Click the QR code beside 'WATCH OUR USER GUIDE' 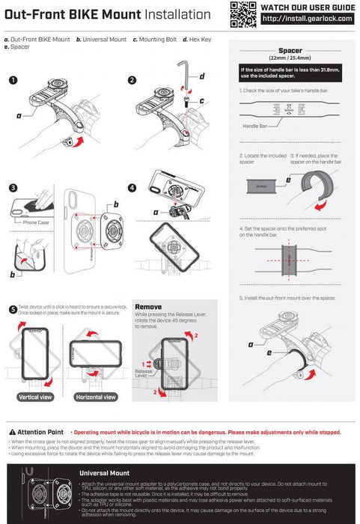pyautogui.click(x=240, y=13)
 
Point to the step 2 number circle pyautogui.click(x=132, y=80)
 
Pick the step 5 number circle pyautogui.click(x=13, y=309)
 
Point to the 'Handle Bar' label pyautogui.click(x=255, y=127)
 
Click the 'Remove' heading pyautogui.click(x=148, y=307)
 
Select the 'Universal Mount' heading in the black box pyautogui.click(x=104, y=473)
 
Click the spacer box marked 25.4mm pyautogui.click(x=262, y=186)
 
